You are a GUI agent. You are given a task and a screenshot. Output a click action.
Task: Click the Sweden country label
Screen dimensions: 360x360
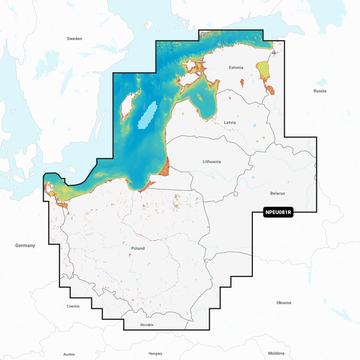click(x=74, y=39)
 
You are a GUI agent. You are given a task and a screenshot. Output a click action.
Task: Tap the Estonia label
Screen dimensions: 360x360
click(x=236, y=67)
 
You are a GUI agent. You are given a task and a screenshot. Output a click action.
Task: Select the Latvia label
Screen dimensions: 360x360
click(x=230, y=122)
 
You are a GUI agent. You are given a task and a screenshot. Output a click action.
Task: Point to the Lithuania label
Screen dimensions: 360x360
click(x=211, y=162)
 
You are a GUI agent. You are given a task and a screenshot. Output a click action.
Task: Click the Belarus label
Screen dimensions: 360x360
click(x=277, y=193)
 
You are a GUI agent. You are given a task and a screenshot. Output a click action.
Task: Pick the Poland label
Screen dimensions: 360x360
click(x=138, y=248)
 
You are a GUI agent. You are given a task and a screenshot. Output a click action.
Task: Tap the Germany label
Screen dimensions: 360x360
click(x=25, y=245)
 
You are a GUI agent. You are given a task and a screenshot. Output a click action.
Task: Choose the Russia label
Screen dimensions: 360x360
click(x=320, y=91)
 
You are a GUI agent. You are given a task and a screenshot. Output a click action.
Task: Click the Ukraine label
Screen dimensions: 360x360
click(x=284, y=303)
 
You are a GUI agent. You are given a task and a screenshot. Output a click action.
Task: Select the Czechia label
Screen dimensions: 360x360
click(x=73, y=306)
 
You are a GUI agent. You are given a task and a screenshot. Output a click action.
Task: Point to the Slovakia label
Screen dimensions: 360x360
click(x=147, y=325)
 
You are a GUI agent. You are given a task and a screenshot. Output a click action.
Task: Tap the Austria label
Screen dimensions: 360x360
click(x=69, y=354)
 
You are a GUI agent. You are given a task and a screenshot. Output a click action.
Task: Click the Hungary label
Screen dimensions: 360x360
click(x=155, y=354)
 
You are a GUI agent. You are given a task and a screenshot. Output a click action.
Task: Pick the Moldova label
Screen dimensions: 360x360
click(x=276, y=353)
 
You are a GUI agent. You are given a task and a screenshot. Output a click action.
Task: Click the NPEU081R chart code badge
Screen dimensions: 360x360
click(x=278, y=212)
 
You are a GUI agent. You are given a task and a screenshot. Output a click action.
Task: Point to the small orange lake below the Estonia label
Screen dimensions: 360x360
click(x=242, y=83)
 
